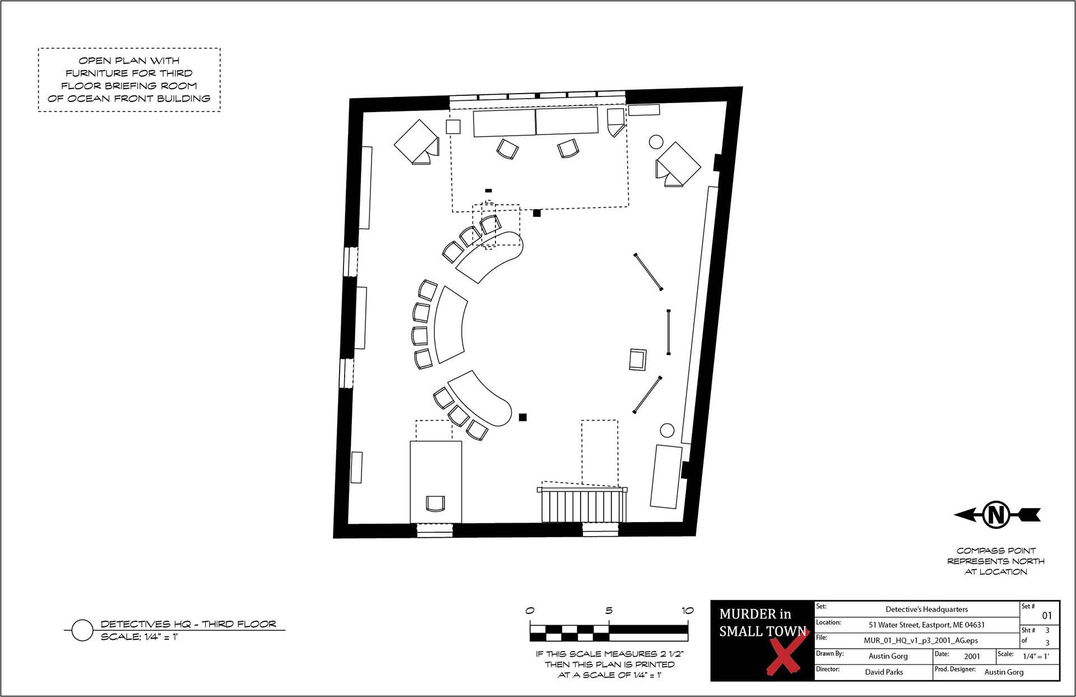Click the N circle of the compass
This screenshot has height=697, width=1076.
[996, 514]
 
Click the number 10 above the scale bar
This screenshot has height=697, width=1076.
[688, 611]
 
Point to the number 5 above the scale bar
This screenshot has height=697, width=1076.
[609, 611]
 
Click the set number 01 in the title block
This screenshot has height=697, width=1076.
[1047, 616]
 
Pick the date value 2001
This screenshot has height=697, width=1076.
[972, 656]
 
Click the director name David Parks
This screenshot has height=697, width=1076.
[884, 672]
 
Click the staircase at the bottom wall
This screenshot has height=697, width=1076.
[583, 505]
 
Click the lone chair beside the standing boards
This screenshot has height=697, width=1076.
[638, 359]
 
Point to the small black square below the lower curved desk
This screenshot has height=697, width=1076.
[523, 417]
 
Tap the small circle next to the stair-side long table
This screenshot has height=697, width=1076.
[667, 431]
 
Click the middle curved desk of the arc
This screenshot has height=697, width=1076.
[448, 324]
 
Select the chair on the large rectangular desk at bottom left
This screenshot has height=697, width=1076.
[435, 503]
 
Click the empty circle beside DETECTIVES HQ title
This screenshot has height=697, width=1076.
[82, 630]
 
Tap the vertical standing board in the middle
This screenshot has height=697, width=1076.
[669, 332]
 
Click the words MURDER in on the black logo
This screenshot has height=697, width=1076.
[755, 614]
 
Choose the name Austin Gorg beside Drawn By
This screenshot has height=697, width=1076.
[888, 656]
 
